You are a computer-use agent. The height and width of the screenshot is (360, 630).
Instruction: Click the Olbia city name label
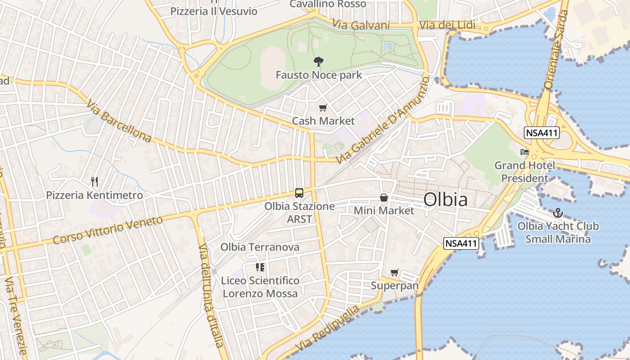click(445, 200)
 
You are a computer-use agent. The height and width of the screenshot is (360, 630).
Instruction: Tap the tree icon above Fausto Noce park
click(319, 62)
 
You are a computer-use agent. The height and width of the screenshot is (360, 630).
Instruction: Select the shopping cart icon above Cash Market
click(323, 108)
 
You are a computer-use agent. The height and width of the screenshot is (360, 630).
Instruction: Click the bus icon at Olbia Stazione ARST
click(299, 193)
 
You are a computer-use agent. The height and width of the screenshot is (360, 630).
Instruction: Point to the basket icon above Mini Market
click(384, 197)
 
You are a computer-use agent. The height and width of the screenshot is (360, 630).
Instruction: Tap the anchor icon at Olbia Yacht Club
click(558, 212)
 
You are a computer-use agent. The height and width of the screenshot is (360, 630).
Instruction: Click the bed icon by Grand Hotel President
click(525, 152)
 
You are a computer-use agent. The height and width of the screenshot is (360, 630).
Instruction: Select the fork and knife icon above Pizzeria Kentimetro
click(94, 182)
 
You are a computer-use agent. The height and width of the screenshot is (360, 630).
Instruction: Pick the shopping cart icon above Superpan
click(395, 272)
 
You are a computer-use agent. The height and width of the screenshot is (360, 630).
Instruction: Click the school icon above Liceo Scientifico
click(260, 267)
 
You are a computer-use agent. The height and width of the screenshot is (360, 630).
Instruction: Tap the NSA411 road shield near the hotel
click(541, 133)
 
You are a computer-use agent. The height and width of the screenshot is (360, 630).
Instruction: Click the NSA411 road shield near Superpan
click(461, 243)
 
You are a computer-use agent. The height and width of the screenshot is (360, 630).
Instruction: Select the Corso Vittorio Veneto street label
click(108, 230)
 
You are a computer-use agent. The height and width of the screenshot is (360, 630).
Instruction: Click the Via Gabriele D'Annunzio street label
click(383, 120)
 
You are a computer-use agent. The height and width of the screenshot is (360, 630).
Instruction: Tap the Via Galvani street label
click(361, 25)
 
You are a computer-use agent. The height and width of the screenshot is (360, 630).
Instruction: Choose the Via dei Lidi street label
click(446, 25)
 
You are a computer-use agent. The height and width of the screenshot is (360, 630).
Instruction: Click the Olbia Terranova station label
click(260, 247)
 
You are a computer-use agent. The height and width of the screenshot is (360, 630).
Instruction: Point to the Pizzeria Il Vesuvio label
click(214, 11)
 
